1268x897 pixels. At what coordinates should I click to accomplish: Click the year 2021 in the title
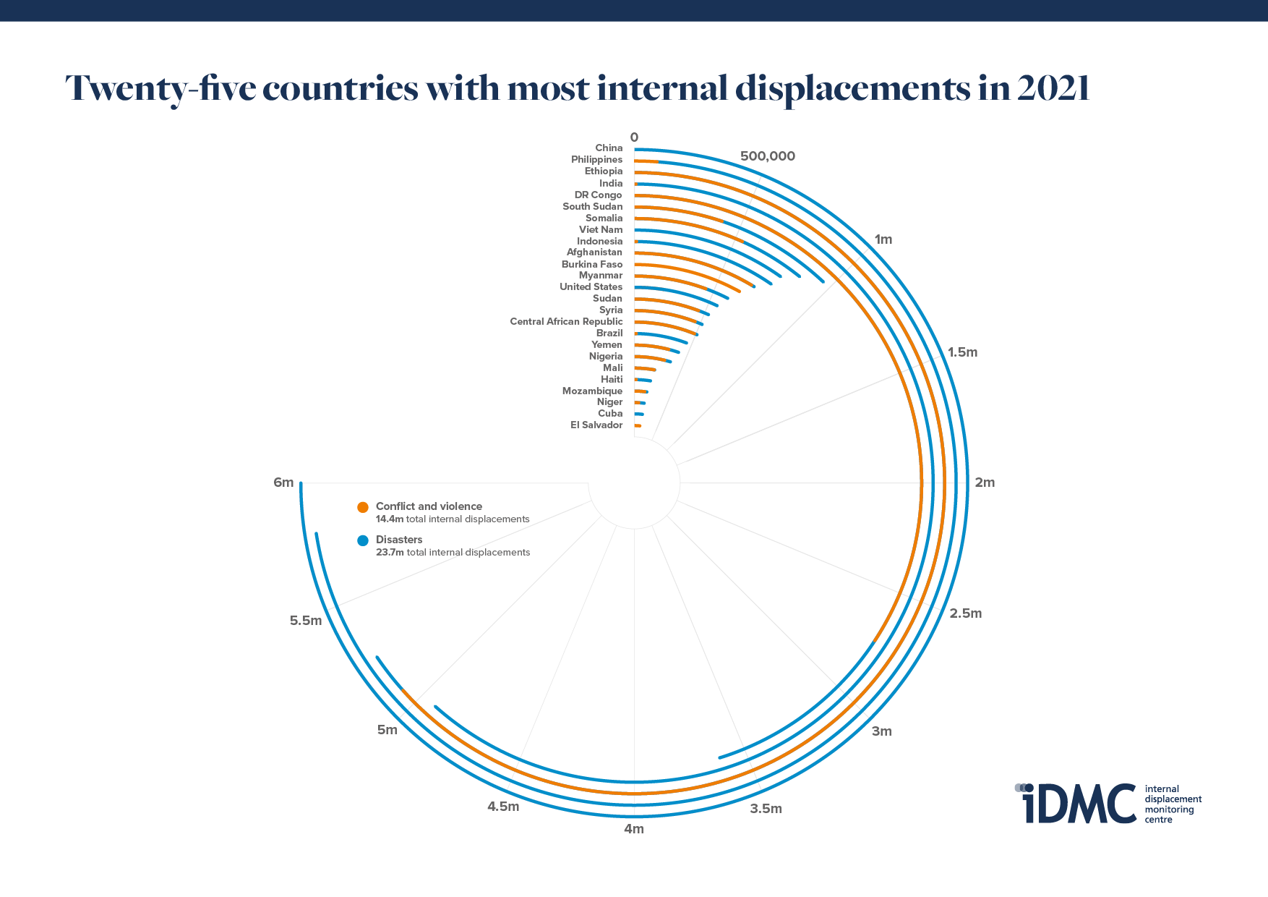click(x=1052, y=88)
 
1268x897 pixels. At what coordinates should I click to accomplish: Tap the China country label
click(x=609, y=148)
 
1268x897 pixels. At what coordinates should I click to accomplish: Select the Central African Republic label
click(x=566, y=322)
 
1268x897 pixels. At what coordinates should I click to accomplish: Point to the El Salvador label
click(x=596, y=425)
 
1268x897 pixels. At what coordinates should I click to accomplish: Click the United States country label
click(x=591, y=287)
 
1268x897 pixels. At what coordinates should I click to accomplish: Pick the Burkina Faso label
click(x=592, y=265)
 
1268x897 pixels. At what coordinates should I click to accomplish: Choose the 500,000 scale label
click(x=767, y=156)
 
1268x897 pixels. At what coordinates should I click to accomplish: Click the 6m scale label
click(x=283, y=482)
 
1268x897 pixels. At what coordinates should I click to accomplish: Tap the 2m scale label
click(x=985, y=482)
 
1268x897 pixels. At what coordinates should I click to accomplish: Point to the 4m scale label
click(x=634, y=829)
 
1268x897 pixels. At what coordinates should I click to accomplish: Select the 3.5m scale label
click(x=766, y=809)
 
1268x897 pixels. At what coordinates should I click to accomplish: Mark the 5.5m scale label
click(x=306, y=621)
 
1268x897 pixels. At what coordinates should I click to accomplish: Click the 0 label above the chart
click(x=634, y=137)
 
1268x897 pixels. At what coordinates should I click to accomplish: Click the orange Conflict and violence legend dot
click(x=363, y=507)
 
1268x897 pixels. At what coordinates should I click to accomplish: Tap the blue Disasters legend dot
click(x=363, y=540)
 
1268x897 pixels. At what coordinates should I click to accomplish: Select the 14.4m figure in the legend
click(x=390, y=519)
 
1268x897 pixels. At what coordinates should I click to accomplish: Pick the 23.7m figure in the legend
click(x=390, y=553)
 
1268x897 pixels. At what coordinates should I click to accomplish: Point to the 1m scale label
click(x=883, y=239)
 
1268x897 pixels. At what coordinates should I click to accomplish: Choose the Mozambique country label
click(x=592, y=391)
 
